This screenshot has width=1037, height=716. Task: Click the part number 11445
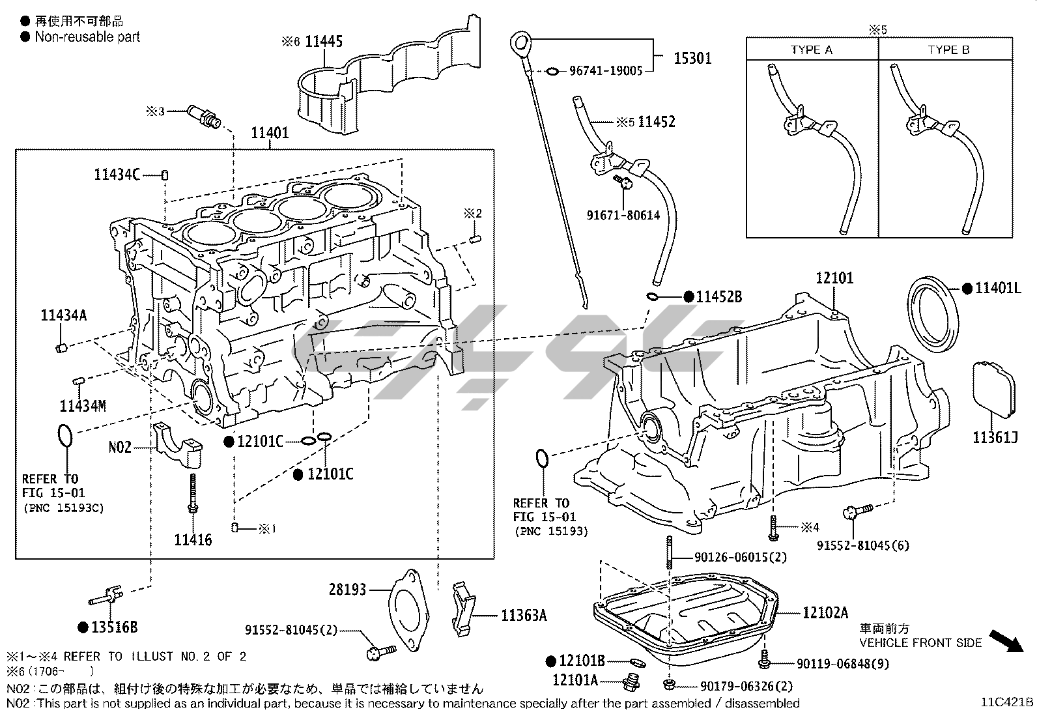(x=324, y=42)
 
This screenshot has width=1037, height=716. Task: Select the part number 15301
(x=692, y=59)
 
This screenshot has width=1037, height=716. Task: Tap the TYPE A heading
(x=811, y=50)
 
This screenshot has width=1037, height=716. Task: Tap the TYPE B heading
(x=948, y=50)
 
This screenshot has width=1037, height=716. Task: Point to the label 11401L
(x=998, y=287)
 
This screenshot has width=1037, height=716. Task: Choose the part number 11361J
(x=995, y=438)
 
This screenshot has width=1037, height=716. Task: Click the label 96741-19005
(x=606, y=71)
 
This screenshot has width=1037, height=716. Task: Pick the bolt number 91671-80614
(x=622, y=214)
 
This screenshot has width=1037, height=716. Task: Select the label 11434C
(x=117, y=175)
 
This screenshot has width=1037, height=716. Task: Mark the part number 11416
(x=193, y=539)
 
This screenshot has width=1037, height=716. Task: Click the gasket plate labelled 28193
(x=410, y=609)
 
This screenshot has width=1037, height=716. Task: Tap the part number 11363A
(x=524, y=614)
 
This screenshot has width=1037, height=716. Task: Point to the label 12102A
(x=825, y=612)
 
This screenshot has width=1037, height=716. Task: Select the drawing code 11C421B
(x=1008, y=702)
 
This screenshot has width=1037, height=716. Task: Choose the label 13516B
(x=114, y=627)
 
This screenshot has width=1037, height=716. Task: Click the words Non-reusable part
(x=87, y=36)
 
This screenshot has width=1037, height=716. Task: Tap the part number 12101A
(x=575, y=680)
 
